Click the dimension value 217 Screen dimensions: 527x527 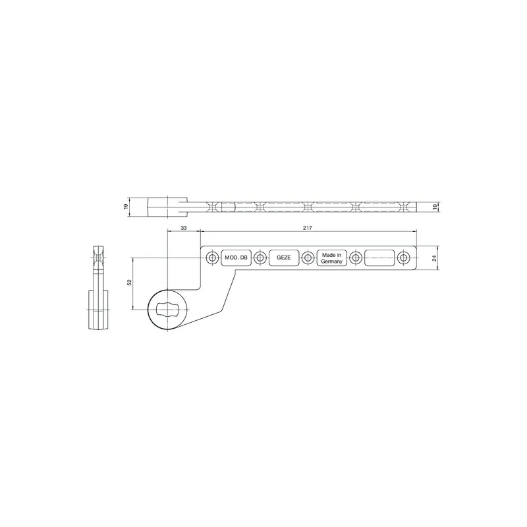307,228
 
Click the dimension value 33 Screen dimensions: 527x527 184,228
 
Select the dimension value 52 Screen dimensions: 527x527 129,283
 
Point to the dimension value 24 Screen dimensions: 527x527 434,258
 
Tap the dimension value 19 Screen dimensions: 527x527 126,206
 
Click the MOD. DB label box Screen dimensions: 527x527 236,258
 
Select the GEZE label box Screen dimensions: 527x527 284,258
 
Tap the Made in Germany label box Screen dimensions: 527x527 332,258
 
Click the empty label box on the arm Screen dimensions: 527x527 379,258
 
